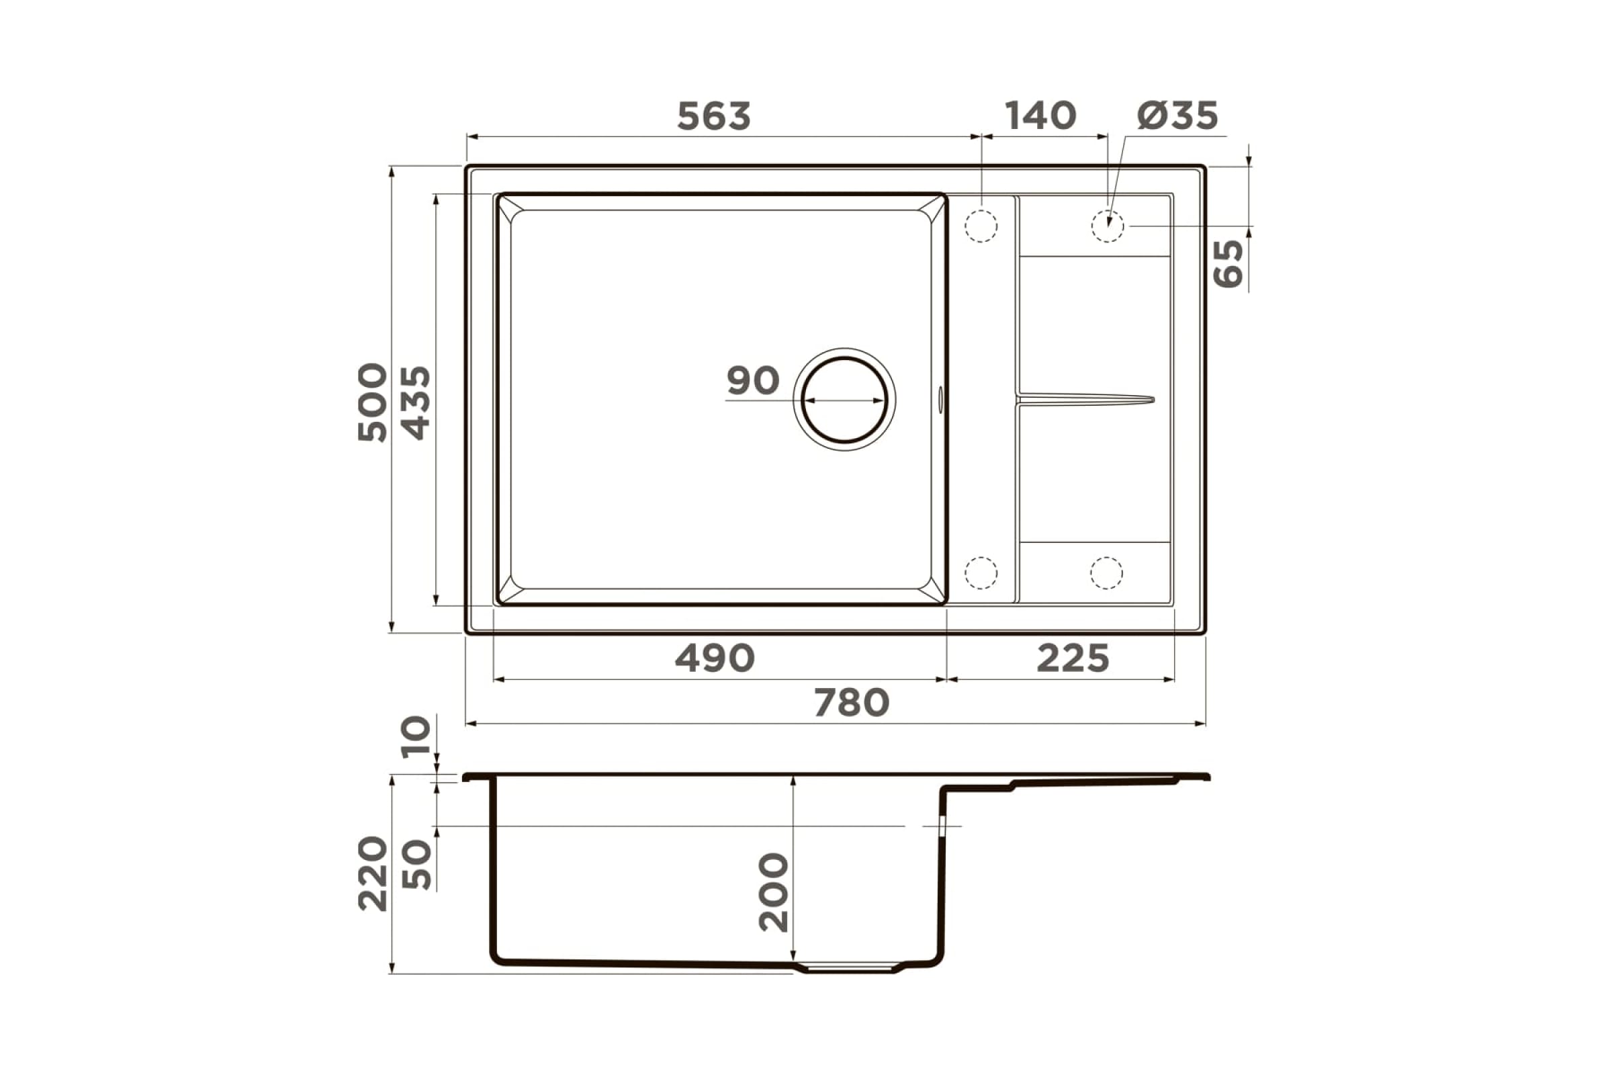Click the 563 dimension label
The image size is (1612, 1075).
(x=713, y=116)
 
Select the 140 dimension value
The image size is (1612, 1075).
(x=1040, y=116)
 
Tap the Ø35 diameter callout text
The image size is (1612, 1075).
(x=1177, y=116)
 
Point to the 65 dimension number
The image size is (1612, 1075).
(x=1228, y=263)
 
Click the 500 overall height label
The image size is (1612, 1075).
(x=372, y=402)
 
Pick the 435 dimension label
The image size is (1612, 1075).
(x=414, y=403)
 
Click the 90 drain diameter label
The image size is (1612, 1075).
(x=752, y=380)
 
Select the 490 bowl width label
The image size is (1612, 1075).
(x=715, y=658)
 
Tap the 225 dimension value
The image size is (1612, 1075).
(x=1073, y=658)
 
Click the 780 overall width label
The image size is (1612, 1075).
(x=851, y=703)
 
